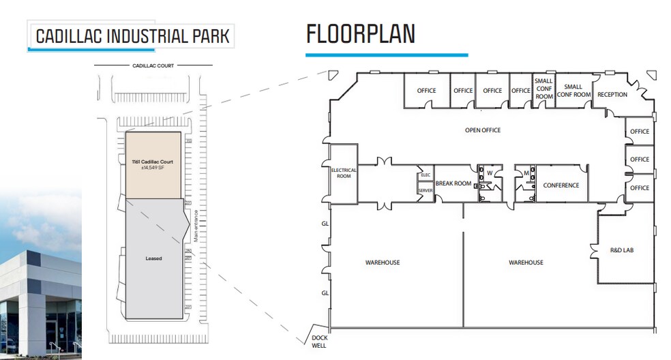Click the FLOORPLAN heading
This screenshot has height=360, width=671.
click(x=361, y=34)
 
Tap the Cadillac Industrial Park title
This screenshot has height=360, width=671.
click(x=133, y=36)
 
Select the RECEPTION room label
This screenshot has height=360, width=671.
click(x=612, y=95)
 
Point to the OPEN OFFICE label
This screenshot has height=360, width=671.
click(x=483, y=130)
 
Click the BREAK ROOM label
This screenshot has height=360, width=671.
click(x=453, y=183)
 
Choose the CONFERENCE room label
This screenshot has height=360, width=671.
click(x=561, y=185)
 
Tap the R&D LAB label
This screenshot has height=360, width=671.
click(x=622, y=250)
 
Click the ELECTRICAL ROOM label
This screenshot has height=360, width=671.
click(x=344, y=173)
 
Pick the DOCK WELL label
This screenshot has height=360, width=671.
click(x=319, y=342)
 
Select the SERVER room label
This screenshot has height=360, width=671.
click(x=426, y=190)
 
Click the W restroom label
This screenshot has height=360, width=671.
click(x=490, y=173)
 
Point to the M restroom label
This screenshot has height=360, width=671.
click(x=526, y=173)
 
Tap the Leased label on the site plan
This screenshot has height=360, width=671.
click(x=153, y=258)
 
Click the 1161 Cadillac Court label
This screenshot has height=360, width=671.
click(x=153, y=162)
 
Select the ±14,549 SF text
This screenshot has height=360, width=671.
click(x=153, y=168)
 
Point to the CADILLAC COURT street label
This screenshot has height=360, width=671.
click(x=153, y=65)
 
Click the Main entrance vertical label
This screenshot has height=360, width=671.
click(x=196, y=226)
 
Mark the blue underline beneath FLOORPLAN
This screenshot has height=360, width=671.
click(x=387, y=55)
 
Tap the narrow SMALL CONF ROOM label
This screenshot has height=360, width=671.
click(x=544, y=89)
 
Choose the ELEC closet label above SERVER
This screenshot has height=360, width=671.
click(x=426, y=175)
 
